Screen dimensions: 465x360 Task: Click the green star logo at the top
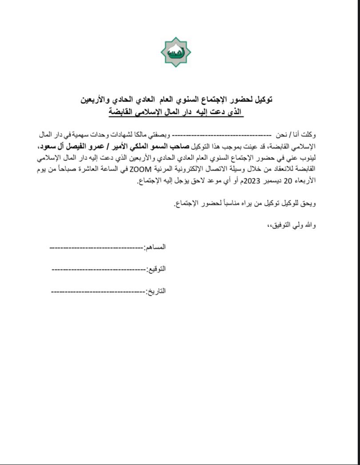click(176, 52)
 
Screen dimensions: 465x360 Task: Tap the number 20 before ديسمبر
click(288, 180)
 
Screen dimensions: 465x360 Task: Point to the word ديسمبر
click(272, 180)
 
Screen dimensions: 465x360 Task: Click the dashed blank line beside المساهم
click(96, 247)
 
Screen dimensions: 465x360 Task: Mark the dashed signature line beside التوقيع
click(99, 269)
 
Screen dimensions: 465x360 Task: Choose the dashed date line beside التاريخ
click(98, 291)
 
